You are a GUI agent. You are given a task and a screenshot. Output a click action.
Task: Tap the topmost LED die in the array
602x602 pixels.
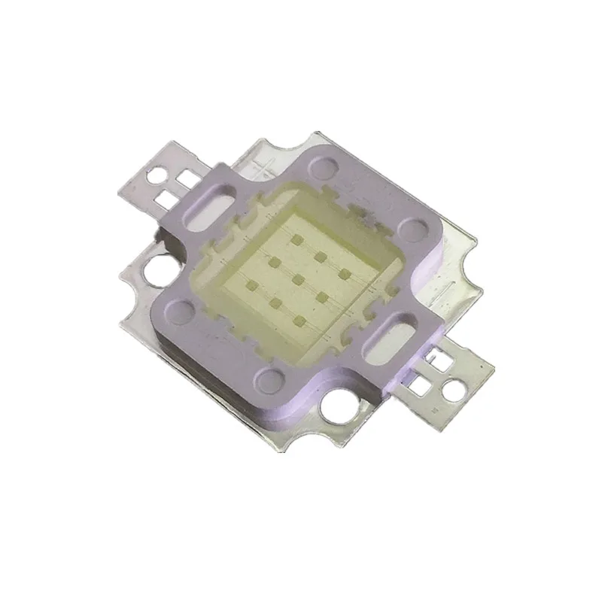pyautogui.click(x=298, y=239)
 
